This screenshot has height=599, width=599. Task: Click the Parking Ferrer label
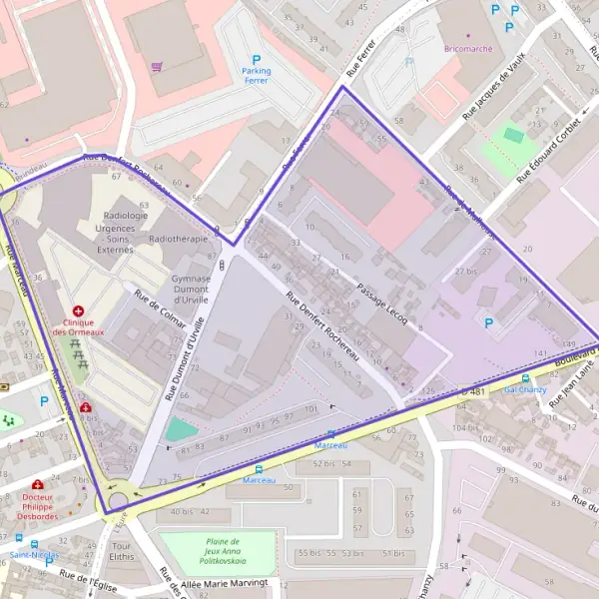coord(257,75)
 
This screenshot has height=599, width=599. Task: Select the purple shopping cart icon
coord(157,67)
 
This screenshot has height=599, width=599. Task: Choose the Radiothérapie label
coord(178,240)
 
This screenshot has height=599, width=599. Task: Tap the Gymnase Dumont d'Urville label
coord(191,290)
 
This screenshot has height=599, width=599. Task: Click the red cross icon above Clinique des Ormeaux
coord(78,311)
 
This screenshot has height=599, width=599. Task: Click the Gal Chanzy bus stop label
coord(525,389)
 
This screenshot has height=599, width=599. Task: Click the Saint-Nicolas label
coord(34,554)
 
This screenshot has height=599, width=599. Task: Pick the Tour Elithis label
coord(123,552)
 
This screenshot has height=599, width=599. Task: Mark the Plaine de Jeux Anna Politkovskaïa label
coord(207,551)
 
